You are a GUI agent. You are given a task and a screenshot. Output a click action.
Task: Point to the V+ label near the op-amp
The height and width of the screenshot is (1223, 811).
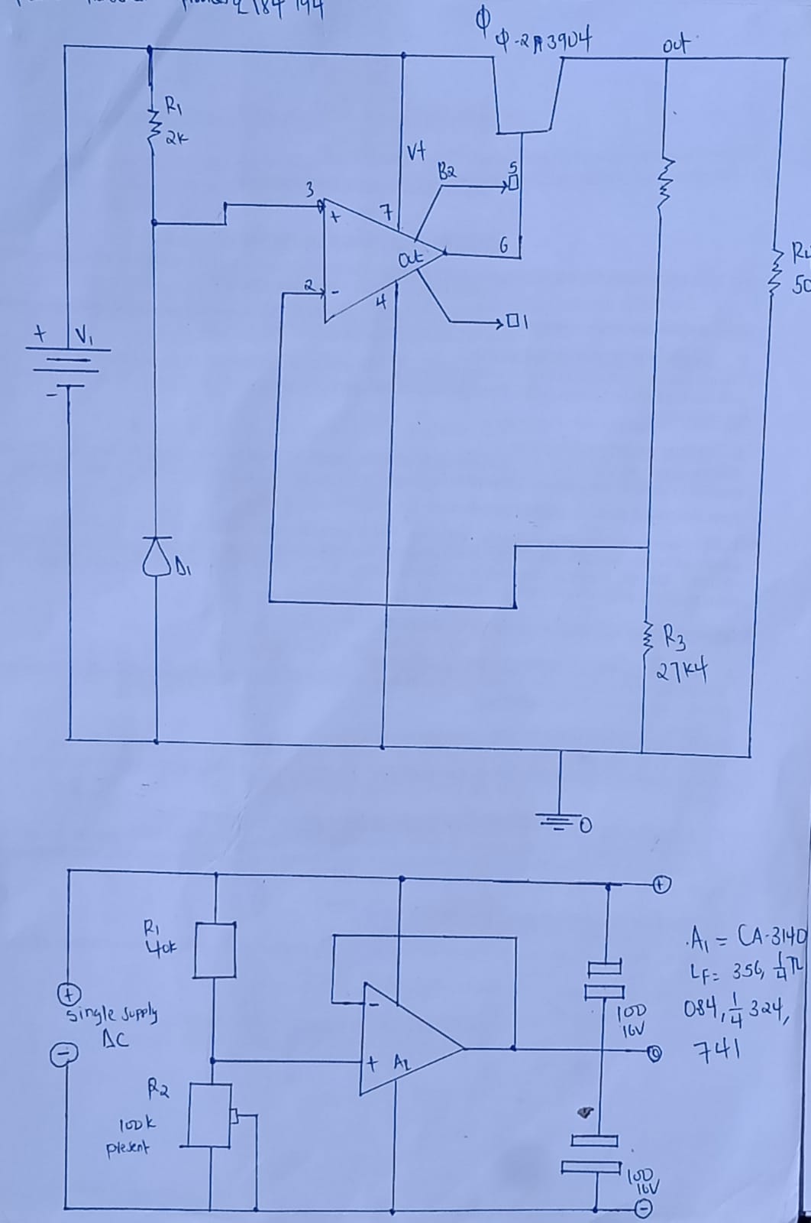click(415, 153)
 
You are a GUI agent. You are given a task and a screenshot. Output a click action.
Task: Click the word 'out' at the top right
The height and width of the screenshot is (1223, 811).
click(676, 47)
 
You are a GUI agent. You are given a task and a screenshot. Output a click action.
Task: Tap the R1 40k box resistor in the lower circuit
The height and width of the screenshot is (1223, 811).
click(215, 950)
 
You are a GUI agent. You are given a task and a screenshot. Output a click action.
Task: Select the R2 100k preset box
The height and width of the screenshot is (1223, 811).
click(209, 1115)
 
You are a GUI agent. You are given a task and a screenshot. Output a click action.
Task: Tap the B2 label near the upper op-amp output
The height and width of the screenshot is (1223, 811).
click(447, 171)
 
